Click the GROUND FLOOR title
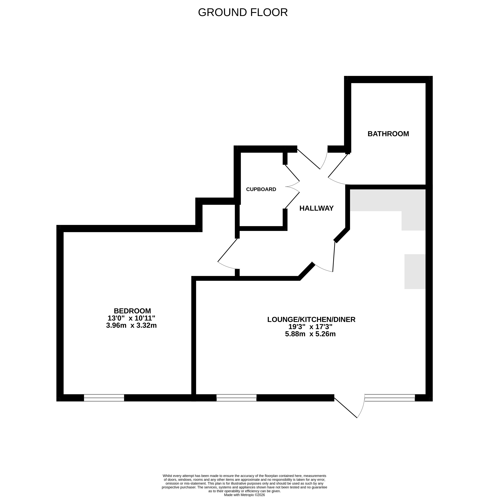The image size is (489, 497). [x=243, y=12]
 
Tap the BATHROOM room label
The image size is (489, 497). [x=388, y=134]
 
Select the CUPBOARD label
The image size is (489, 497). [x=261, y=189]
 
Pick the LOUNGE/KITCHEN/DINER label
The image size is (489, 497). [x=311, y=319]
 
